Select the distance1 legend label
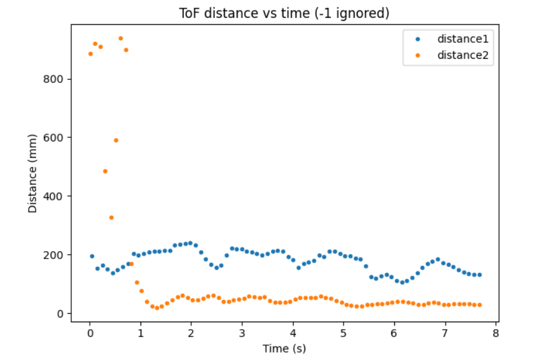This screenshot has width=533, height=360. click(x=463, y=39)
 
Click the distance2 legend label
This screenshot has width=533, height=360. click(x=463, y=55)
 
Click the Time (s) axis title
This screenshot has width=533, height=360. click(x=285, y=348)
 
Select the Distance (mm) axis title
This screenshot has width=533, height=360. click(x=33, y=173)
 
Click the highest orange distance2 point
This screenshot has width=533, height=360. click(x=121, y=38)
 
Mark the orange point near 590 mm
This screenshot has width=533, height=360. click(x=116, y=140)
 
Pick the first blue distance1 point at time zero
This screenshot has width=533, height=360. click(x=92, y=256)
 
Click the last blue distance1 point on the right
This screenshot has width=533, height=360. click(x=480, y=275)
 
